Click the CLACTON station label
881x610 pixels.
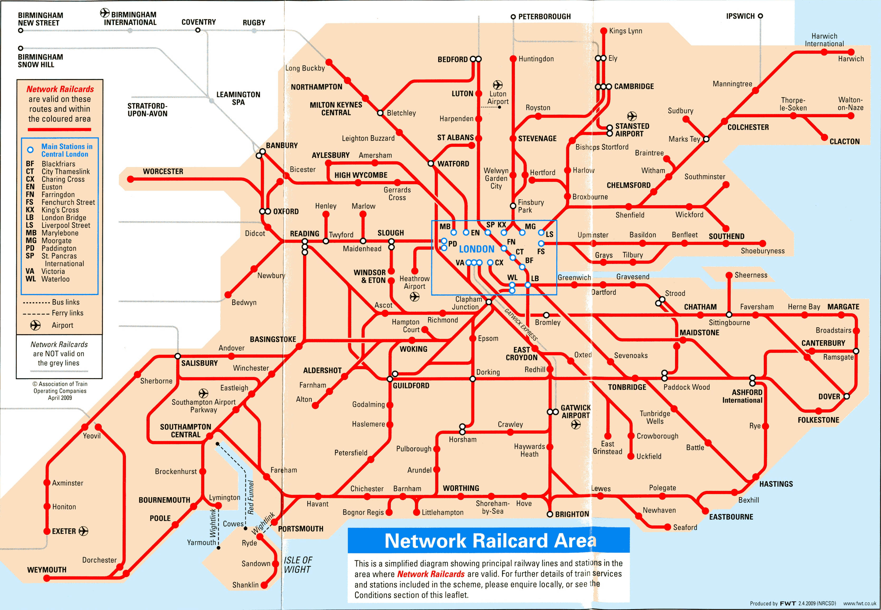click(844, 141)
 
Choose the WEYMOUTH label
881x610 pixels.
click(47, 569)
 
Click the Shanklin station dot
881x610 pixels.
click(264, 585)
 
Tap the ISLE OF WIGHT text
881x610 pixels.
click(298, 565)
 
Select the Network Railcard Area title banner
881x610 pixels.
click(488, 540)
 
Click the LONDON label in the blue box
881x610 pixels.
click(477, 249)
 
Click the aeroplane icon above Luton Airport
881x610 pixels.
click(498, 84)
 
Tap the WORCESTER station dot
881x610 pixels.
click(131, 179)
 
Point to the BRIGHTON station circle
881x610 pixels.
click(550, 514)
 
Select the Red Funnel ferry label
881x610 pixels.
click(251, 497)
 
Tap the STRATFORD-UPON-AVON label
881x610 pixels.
click(147, 110)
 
